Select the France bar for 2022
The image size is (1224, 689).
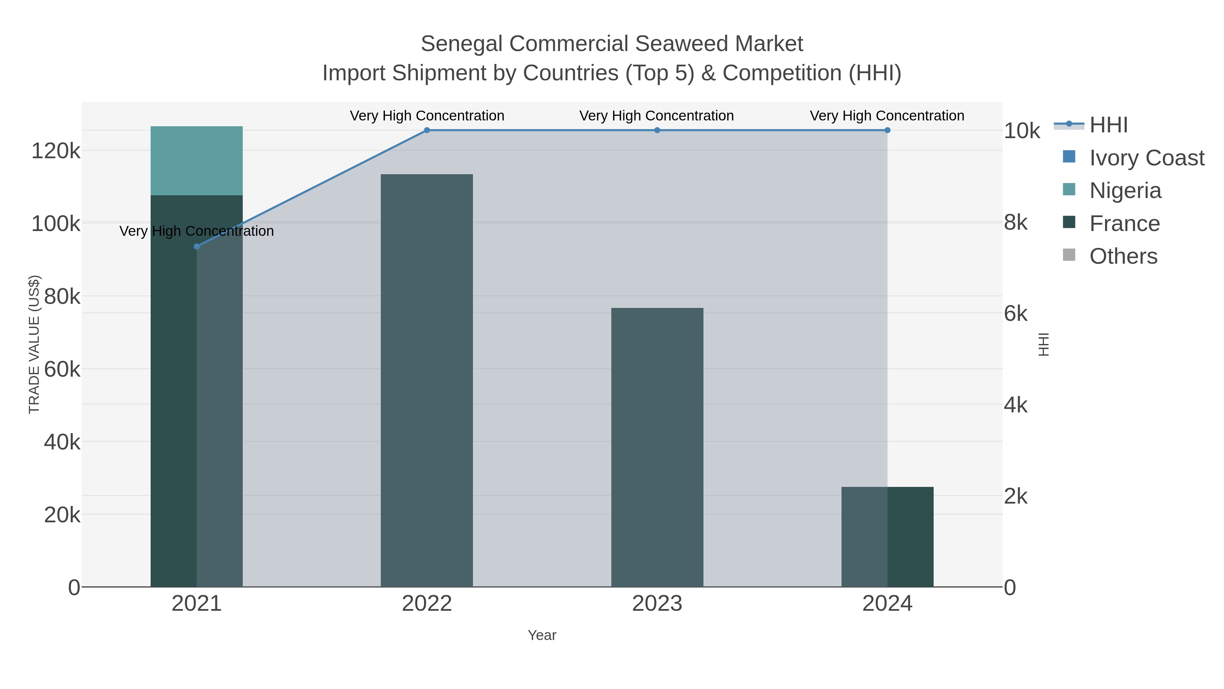(x=426, y=380)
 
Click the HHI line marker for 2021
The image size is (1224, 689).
(x=197, y=246)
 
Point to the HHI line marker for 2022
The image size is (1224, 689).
(x=427, y=130)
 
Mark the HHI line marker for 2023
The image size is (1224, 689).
(x=657, y=130)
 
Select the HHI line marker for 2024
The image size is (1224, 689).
(x=887, y=130)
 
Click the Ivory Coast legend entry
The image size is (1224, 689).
(x=1146, y=158)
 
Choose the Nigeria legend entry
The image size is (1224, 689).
(x=1125, y=191)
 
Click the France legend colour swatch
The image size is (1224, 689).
(x=1069, y=222)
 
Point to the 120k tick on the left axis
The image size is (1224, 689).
(x=56, y=151)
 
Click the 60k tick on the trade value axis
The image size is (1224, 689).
(x=62, y=370)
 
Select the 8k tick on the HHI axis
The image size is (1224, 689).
(x=1015, y=223)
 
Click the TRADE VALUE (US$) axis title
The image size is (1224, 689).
(x=34, y=344)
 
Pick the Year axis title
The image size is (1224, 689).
(x=542, y=635)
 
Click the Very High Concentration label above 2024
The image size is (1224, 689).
(x=887, y=116)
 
